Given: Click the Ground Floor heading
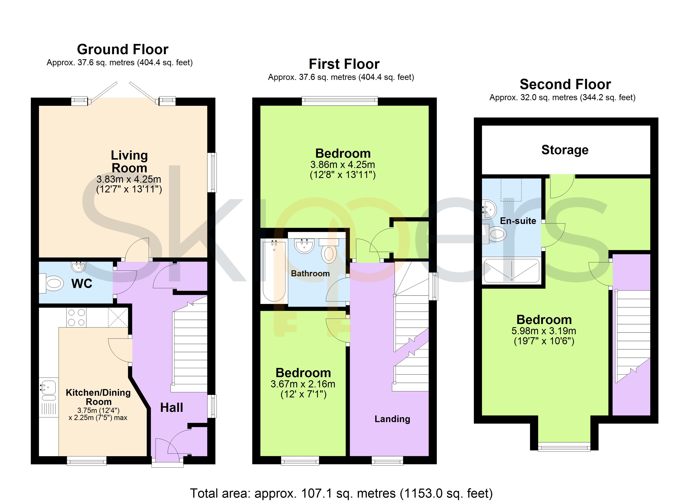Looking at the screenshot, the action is [x=123, y=49].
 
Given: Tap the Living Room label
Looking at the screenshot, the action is [x=129, y=162].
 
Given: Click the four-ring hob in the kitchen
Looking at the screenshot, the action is [x=76, y=318].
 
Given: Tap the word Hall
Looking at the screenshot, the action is [x=172, y=408].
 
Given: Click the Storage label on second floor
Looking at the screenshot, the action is [x=565, y=150].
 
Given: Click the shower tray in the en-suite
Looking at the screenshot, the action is [x=511, y=271].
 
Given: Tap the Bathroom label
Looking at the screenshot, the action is [x=310, y=273].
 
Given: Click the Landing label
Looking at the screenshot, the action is [x=392, y=419].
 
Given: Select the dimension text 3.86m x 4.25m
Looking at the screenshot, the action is [x=342, y=165].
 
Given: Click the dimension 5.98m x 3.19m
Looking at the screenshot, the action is [x=544, y=331].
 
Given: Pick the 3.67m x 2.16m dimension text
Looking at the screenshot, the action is [x=303, y=384].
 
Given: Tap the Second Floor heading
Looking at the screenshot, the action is [x=565, y=84].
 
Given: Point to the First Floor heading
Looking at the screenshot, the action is [x=344, y=64].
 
